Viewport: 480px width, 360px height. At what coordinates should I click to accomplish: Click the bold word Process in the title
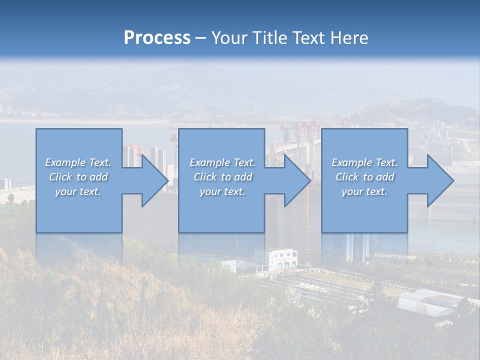tap(157, 38)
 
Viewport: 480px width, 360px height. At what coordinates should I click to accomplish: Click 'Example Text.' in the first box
tap(78, 162)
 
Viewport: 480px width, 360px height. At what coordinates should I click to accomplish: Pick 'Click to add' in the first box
tap(78, 177)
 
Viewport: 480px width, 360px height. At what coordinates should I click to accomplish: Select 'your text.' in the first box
tap(78, 191)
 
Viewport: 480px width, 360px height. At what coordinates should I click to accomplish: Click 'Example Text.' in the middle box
tap(222, 162)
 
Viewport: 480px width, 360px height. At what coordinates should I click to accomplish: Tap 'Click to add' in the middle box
tap(222, 177)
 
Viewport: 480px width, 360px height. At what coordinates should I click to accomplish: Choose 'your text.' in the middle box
tap(222, 191)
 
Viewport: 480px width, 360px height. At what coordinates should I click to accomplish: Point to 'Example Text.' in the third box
tap(364, 162)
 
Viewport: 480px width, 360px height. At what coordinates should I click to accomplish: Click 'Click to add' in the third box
tap(364, 177)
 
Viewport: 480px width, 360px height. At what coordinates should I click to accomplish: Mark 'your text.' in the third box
tap(364, 191)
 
